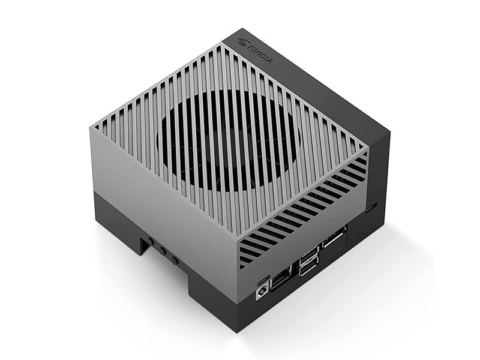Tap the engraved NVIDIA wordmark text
tap(260, 55)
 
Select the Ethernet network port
tap(281, 278)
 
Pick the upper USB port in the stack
tap(309, 254)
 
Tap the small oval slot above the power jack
tap(263, 280)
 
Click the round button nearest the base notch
tap(151, 242)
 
